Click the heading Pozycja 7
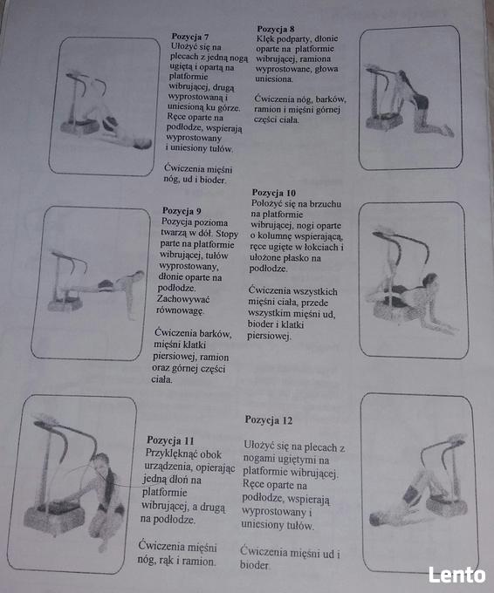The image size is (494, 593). tap(190, 37)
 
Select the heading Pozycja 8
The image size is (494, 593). tap(276, 29)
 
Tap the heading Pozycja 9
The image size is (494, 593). tap(182, 211)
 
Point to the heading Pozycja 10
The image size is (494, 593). tap(274, 193)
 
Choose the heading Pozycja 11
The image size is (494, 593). tap(170, 440)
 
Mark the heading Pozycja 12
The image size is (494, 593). tap(269, 420)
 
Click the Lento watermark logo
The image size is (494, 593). tap(456, 576)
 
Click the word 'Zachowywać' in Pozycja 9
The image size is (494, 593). tap(182, 299)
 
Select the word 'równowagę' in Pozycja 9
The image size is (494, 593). tap(180, 310)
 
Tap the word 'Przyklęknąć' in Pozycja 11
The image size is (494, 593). tap(183, 453)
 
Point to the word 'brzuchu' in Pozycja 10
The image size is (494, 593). tap(326, 204)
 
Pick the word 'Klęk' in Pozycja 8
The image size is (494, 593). tap(265, 38)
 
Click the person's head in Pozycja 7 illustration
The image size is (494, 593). tap(143, 143)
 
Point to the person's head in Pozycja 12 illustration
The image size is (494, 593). tap(377, 519)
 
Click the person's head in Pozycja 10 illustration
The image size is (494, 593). tap(430, 281)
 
